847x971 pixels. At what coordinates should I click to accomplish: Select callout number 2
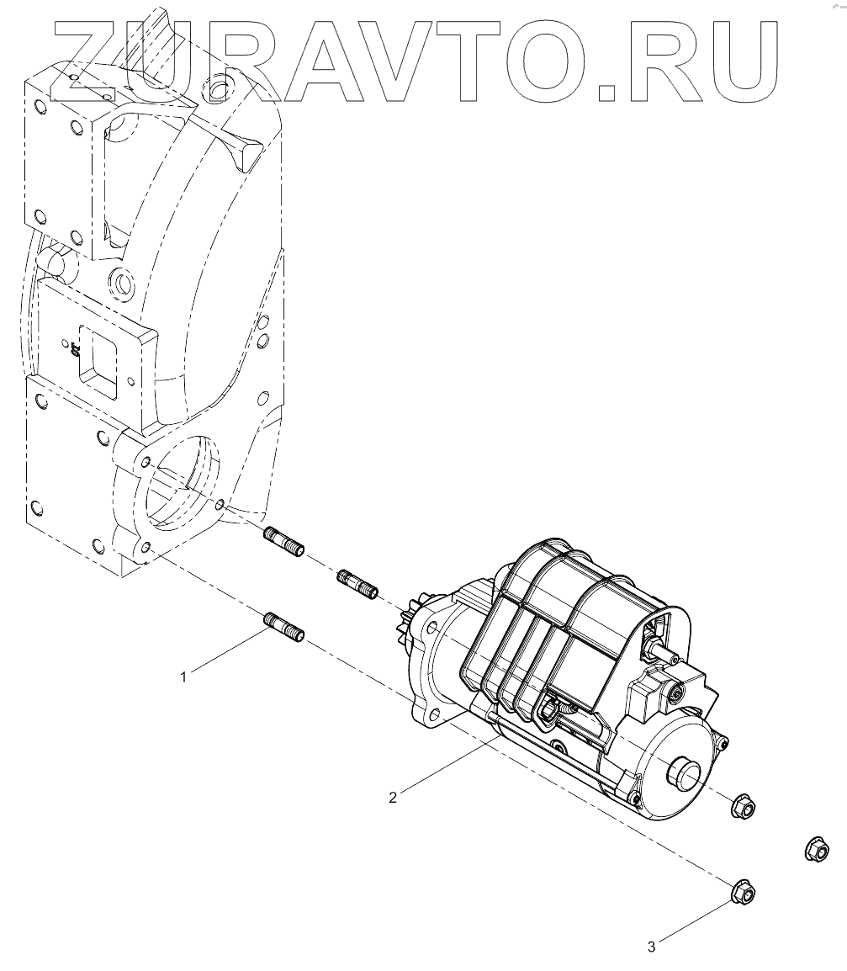tap(393, 797)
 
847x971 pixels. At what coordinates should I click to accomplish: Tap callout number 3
tap(652, 947)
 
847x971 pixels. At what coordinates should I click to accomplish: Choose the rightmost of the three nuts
tap(816, 849)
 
